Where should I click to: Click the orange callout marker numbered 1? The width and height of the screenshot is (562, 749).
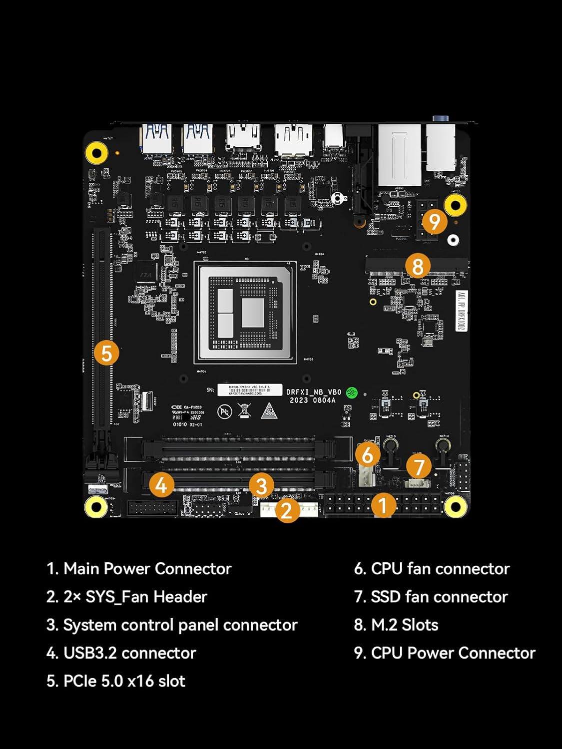click(x=383, y=505)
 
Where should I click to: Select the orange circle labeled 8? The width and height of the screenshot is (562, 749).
click(x=418, y=266)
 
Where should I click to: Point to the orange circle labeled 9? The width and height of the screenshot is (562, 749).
click(x=434, y=221)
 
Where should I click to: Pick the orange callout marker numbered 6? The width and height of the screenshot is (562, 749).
click(x=368, y=455)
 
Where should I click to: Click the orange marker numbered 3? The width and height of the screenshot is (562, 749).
click(x=261, y=485)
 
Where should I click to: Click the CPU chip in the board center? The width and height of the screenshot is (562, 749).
click(x=245, y=312)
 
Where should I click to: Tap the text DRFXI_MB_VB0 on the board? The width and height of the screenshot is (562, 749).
click(x=314, y=392)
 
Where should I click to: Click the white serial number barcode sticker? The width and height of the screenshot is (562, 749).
click(x=249, y=389)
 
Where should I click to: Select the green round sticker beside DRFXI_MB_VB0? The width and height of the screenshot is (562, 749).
click(x=352, y=392)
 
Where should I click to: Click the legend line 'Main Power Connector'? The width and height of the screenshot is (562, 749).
click(x=139, y=569)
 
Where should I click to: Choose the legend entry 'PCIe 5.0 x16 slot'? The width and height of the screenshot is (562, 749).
click(x=116, y=681)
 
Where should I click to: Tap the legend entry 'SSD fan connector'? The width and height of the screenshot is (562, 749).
click(x=431, y=597)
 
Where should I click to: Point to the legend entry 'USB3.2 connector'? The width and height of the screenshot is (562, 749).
click(x=121, y=653)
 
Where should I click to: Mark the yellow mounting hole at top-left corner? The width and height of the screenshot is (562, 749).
click(x=96, y=152)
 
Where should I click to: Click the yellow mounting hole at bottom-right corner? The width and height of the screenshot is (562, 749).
click(x=455, y=507)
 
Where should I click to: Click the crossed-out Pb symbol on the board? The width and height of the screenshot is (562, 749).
click(x=225, y=411)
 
